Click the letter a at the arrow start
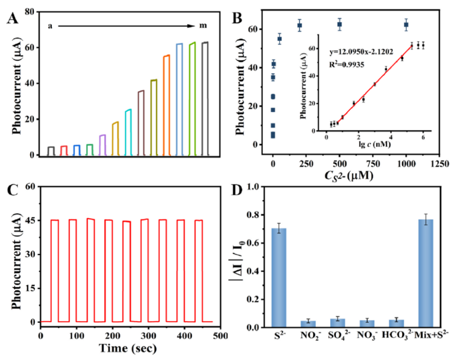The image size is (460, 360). [x=50, y=25]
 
